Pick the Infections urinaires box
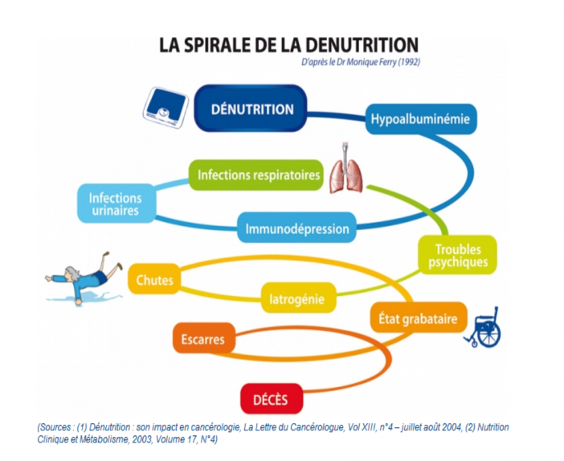click(x=115, y=204)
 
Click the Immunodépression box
click(x=297, y=228)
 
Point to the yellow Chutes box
click(x=154, y=281)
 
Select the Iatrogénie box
click(x=296, y=300)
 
